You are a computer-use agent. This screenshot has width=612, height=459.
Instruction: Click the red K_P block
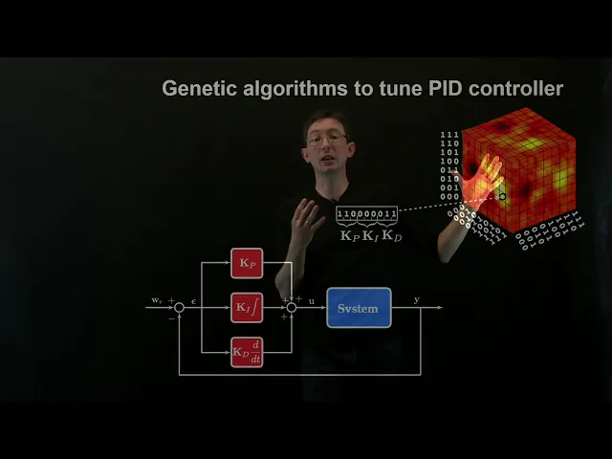pyautogui.click(x=247, y=263)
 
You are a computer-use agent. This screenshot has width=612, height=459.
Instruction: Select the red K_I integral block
pyautogui.click(x=247, y=308)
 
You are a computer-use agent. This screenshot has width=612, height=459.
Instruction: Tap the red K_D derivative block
pyautogui.click(x=247, y=353)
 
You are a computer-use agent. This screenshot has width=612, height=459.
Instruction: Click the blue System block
pyautogui.click(x=359, y=308)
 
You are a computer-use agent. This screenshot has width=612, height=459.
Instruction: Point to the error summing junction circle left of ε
pyautogui.click(x=179, y=308)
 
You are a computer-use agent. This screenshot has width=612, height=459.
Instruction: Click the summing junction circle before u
pyautogui.click(x=292, y=308)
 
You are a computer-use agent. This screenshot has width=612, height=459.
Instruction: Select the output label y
pyautogui.click(x=416, y=300)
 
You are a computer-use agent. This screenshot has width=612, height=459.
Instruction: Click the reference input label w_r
pyautogui.click(x=157, y=300)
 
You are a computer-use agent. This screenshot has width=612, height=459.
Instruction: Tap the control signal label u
pyautogui.click(x=312, y=300)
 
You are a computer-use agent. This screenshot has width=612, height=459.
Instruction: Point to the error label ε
pyautogui.click(x=193, y=300)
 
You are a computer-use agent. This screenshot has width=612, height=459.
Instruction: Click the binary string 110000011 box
pyautogui.click(x=366, y=213)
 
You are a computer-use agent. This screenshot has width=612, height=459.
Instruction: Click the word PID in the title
pyautogui.click(x=436, y=89)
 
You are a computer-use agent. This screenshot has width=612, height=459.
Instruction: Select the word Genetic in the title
pyautogui.click(x=198, y=89)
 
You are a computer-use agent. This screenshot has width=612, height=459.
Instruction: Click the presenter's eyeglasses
pyautogui.click(x=327, y=139)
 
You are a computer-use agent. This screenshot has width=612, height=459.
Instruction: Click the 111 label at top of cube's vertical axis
pyautogui.click(x=448, y=135)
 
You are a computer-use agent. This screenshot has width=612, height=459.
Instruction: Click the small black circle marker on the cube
pyautogui.click(x=503, y=197)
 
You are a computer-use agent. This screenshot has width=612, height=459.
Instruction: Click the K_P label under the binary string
pyautogui.click(x=349, y=234)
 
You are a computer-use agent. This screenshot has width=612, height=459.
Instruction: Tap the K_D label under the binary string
pyautogui.click(x=392, y=234)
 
